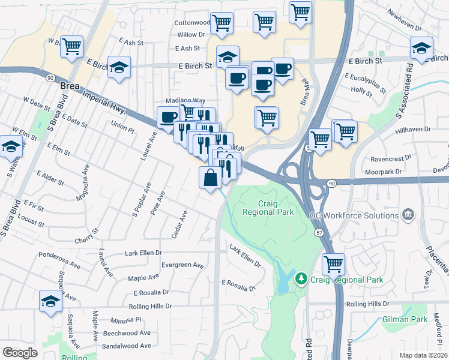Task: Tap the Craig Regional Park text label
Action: [267, 208]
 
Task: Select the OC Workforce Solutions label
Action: [355, 215]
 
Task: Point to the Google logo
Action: [20, 353]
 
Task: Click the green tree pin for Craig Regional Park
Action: [301, 280]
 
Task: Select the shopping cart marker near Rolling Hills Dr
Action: [333, 264]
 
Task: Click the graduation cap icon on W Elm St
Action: [11, 146]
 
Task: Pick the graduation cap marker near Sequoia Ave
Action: [51, 301]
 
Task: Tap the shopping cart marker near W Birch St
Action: [72, 46]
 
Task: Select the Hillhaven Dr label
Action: [414, 128]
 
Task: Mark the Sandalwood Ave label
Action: [126, 346]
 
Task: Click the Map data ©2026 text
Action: [424, 355]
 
